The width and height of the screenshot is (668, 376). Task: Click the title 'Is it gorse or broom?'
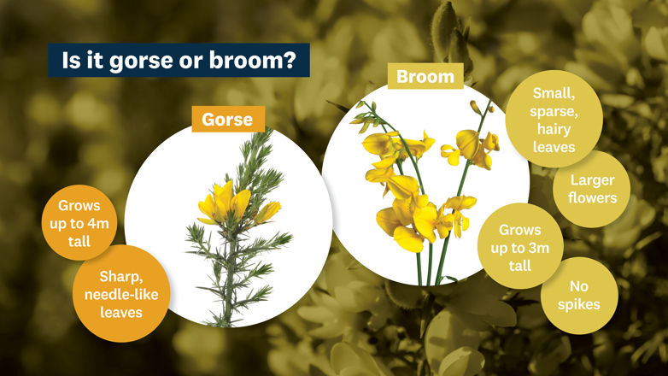tap(179, 61)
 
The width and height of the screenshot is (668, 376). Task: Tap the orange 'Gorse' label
tap(227, 119)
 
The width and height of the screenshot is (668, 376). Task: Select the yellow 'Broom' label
tap(425, 76)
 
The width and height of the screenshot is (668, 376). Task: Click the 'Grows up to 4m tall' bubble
tap(79, 223)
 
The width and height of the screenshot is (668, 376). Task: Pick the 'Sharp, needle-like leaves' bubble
tap(120, 294)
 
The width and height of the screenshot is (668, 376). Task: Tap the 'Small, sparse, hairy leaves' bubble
tap(553, 119)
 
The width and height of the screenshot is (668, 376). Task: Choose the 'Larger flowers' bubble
tap(592, 189)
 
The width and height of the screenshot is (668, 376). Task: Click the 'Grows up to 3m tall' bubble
tap(519, 248)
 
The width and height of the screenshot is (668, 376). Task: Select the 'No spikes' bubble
tap(578, 295)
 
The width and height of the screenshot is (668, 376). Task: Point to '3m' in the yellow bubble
tap(536, 248)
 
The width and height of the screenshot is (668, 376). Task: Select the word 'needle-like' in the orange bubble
tap(120, 295)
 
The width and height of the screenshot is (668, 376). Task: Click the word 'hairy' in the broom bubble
tap(553, 129)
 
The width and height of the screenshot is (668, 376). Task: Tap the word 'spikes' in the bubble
tap(578, 303)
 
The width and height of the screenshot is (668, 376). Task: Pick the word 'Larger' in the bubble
tap(592, 180)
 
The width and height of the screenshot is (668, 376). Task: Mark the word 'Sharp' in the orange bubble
tap(120, 277)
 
